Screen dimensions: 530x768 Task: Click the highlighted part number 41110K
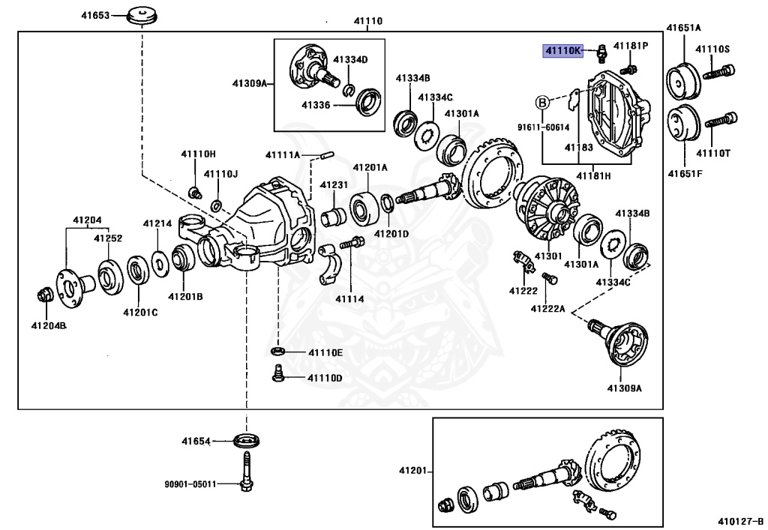click(x=563, y=51)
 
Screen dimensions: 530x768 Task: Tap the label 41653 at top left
click(x=95, y=14)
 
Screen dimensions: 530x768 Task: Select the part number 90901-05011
click(x=190, y=484)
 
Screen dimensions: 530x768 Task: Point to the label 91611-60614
click(x=543, y=127)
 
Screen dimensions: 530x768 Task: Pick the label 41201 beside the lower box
click(x=412, y=471)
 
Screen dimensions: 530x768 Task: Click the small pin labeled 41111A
click(x=325, y=155)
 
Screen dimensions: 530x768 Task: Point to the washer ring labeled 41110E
click(x=277, y=352)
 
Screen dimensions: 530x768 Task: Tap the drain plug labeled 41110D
click(x=277, y=373)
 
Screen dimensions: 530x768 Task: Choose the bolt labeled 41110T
click(x=723, y=119)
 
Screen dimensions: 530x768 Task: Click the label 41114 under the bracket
click(x=349, y=298)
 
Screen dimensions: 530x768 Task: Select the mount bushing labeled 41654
click(x=246, y=441)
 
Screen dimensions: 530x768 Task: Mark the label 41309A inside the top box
click(x=249, y=84)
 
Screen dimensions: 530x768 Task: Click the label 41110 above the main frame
click(x=367, y=21)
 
